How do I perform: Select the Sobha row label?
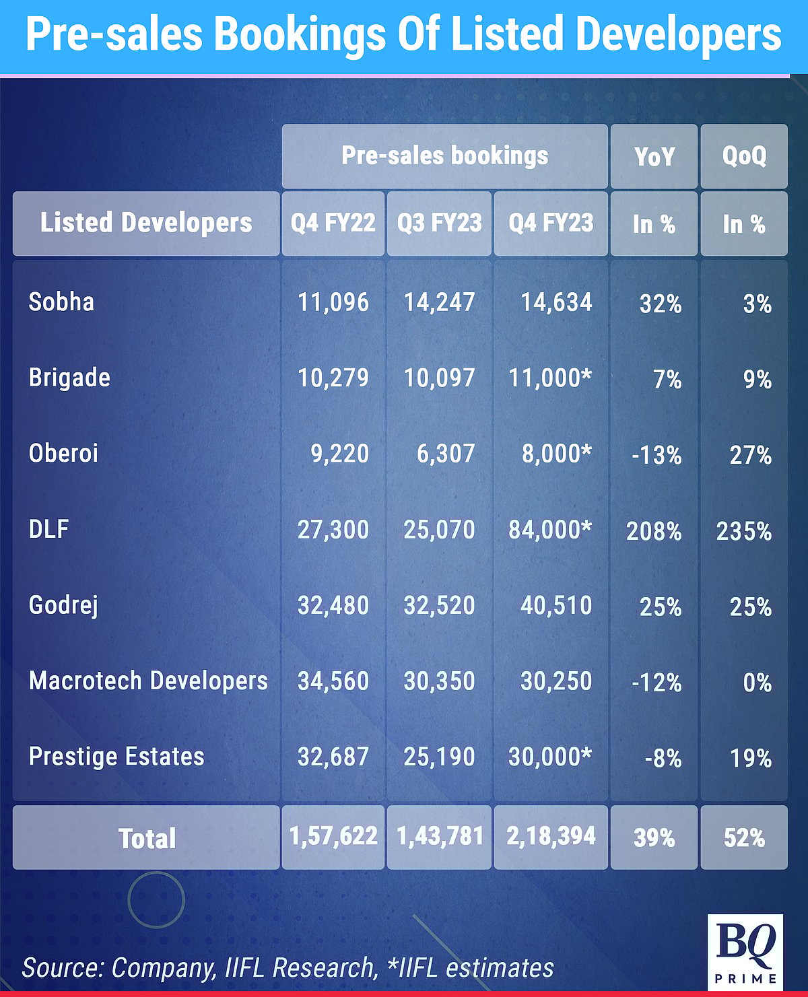click(x=61, y=302)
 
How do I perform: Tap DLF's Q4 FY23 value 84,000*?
click(x=550, y=530)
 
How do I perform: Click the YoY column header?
click(x=654, y=156)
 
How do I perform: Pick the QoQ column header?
click(x=744, y=156)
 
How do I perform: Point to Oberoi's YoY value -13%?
click(x=656, y=455)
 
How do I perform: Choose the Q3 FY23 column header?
click(x=439, y=223)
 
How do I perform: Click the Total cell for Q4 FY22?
click(x=333, y=836)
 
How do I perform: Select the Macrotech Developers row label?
click(x=148, y=681)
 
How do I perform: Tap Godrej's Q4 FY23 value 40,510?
click(x=556, y=605)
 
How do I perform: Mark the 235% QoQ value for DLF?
click(x=744, y=531)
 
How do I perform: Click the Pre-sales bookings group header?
click(x=444, y=156)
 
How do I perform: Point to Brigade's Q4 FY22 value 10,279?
click(x=333, y=378)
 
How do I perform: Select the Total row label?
click(x=147, y=838)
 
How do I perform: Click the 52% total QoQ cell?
click(x=744, y=837)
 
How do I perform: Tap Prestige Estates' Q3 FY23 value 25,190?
click(x=439, y=757)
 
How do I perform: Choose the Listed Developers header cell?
click(x=146, y=223)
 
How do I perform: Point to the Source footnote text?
click(x=288, y=967)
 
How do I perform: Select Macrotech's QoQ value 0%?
click(x=757, y=683)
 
